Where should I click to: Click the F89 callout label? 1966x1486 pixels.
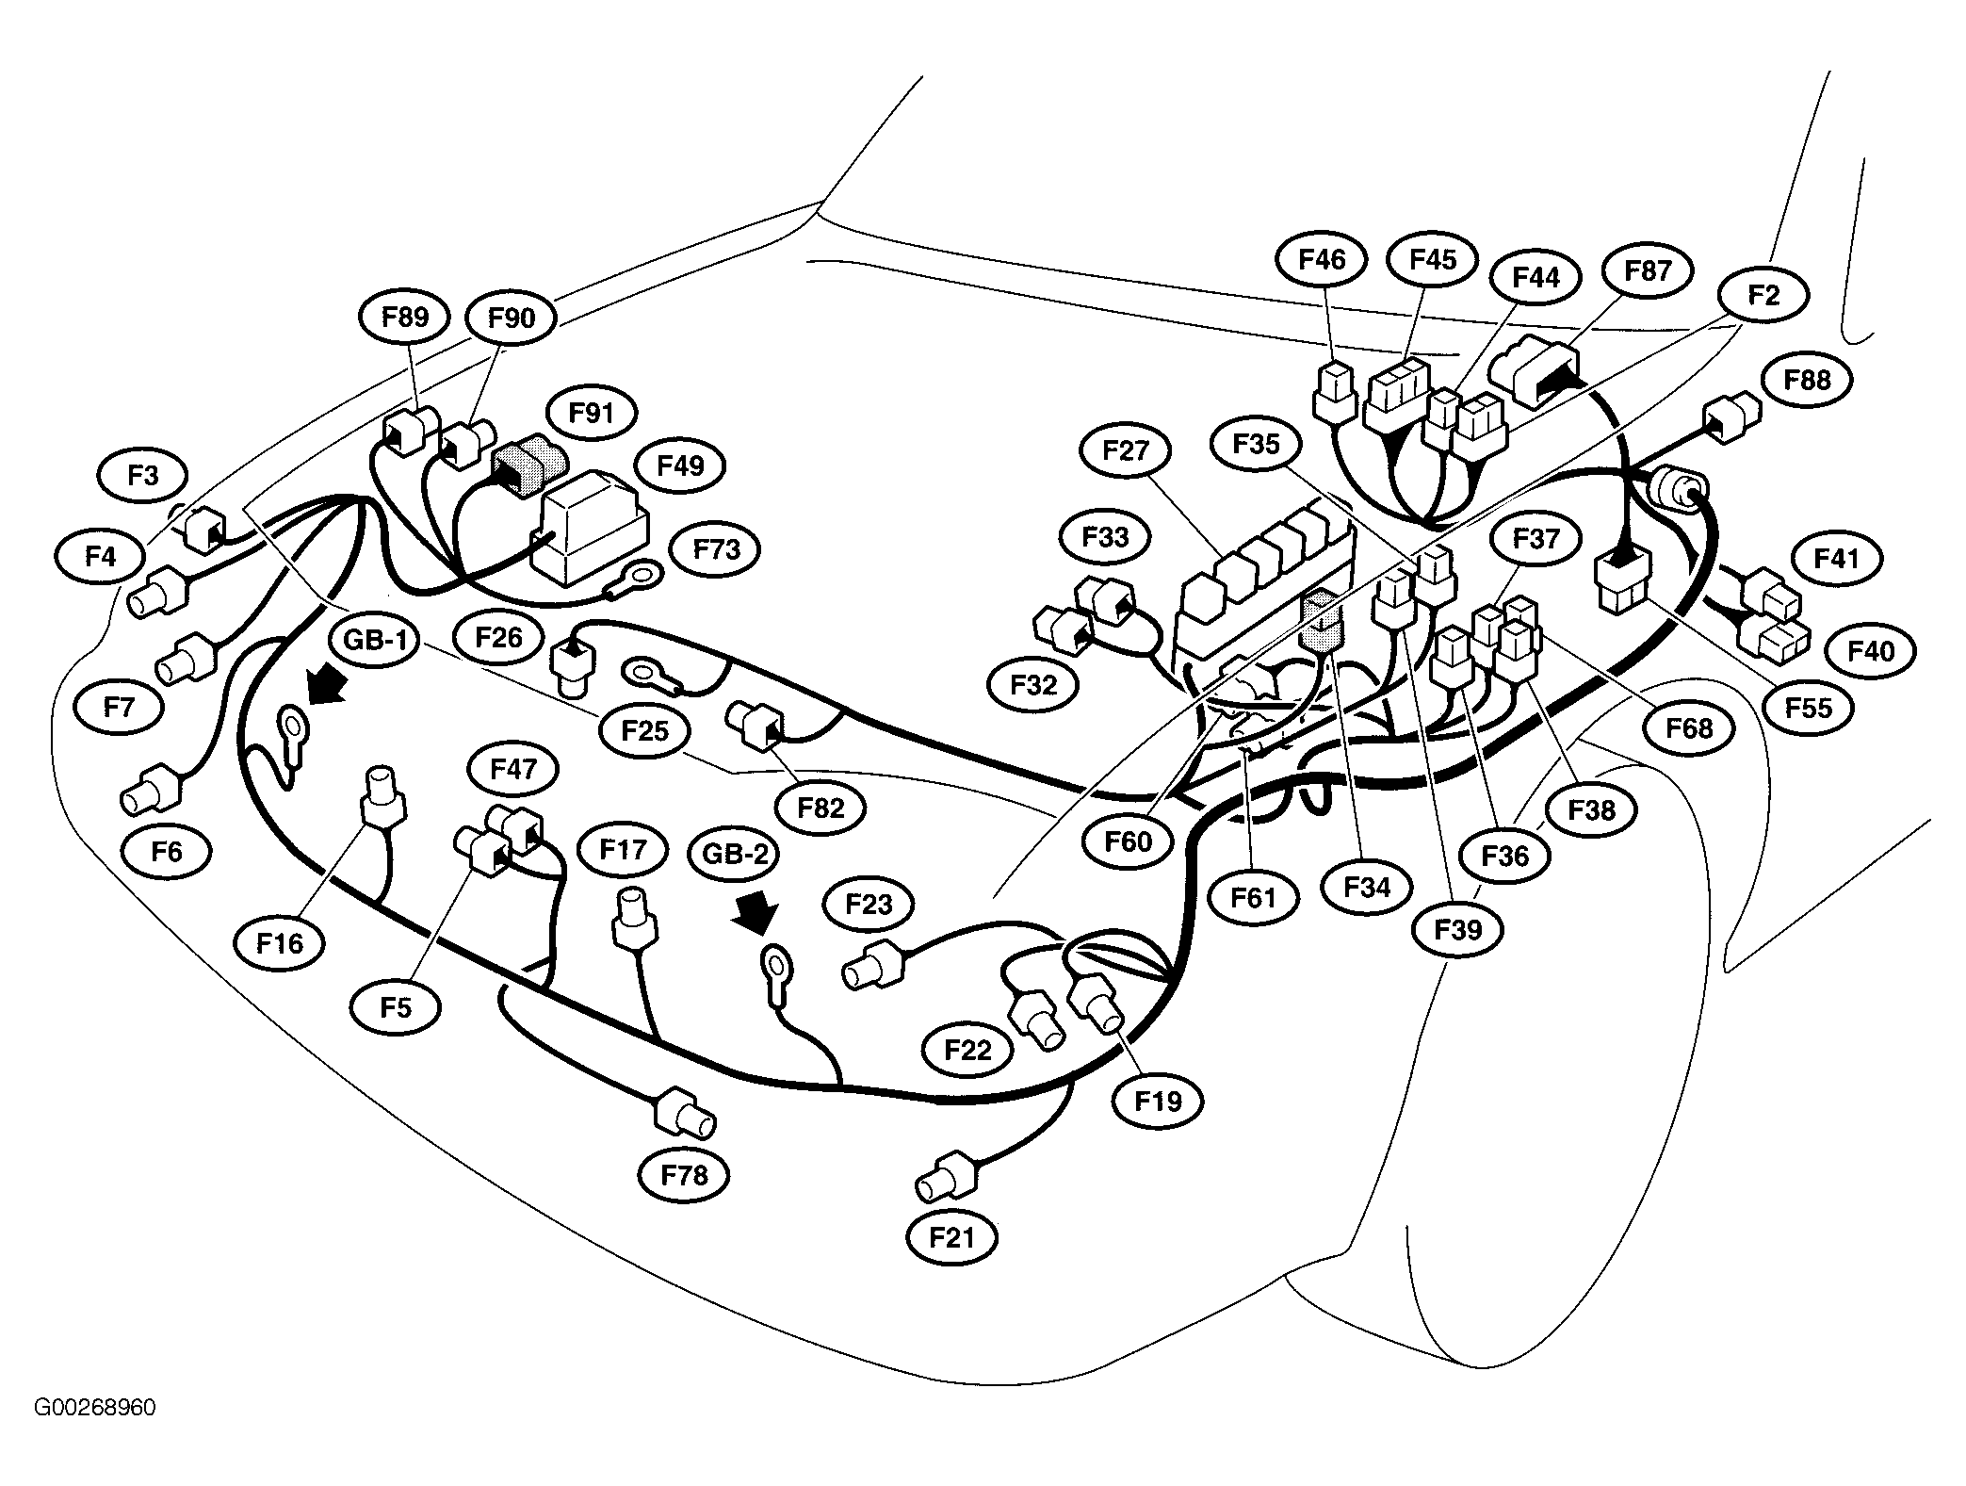point(405,317)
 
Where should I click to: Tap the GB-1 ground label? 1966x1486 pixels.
point(375,641)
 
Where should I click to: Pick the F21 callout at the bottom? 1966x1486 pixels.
point(951,1236)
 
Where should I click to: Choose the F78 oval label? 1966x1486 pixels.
point(684,1175)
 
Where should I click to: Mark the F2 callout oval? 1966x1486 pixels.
point(1763,295)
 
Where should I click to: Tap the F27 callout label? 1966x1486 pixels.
point(1127,450)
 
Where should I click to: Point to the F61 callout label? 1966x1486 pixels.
point(1253,897)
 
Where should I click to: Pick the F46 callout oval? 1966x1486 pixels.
point(1323,259)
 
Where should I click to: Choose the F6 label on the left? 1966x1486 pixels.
point(166,851)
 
